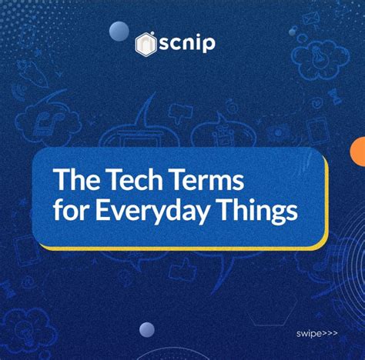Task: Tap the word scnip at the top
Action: [186, 43]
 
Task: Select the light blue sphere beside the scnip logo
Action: [119, 31]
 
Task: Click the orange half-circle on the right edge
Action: [358, 151]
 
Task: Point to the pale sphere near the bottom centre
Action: [147, 330]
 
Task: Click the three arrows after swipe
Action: [331, 335]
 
